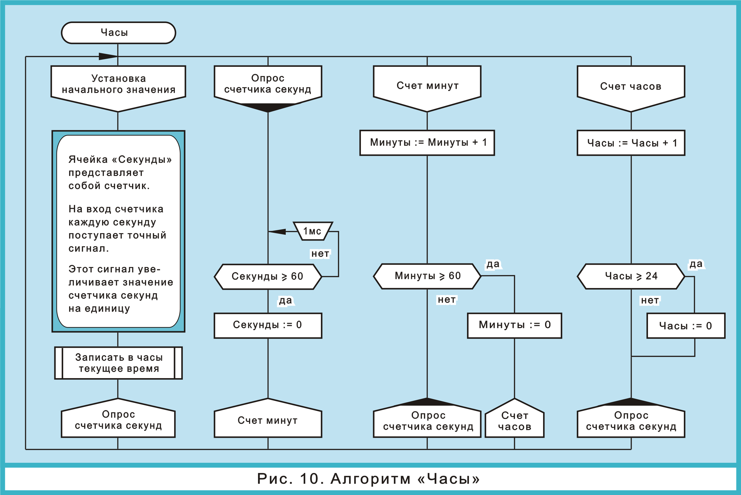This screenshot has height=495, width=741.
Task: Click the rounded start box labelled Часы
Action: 118,33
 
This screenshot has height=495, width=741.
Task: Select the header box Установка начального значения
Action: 118,85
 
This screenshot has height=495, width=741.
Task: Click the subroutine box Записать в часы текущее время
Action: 118,363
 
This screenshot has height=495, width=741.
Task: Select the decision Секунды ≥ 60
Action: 268,277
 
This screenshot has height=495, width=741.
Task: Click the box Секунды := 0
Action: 268,325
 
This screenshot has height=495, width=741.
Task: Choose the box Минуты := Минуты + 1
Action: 427,143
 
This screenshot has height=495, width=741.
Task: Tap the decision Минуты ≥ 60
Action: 427,276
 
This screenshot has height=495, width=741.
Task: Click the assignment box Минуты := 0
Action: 514,325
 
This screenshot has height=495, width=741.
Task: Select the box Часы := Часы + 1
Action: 631,143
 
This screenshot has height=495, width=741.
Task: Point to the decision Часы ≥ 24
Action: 631,277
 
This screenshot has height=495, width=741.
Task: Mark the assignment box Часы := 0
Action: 686,326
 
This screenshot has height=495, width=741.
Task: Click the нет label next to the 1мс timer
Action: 320,254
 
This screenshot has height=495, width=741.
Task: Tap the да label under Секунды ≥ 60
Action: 285,301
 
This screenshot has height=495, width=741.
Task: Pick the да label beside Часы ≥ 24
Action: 696,264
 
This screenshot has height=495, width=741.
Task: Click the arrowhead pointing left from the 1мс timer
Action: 277,232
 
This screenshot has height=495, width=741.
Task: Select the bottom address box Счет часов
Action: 514,420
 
